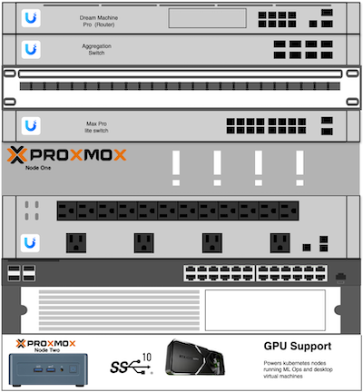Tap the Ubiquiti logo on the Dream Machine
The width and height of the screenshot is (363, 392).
32,18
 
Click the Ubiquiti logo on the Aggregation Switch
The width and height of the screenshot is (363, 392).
32,49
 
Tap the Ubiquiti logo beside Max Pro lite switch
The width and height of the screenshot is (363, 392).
32,124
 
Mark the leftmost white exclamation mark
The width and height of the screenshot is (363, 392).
177,168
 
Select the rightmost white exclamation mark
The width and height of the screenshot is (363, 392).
299,168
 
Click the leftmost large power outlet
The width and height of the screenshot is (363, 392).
75,242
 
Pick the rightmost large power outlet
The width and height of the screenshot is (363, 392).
280,242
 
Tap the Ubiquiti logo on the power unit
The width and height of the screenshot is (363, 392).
32,242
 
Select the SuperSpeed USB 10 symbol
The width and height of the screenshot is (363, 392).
132,365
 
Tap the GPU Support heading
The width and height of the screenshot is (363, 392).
297,347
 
